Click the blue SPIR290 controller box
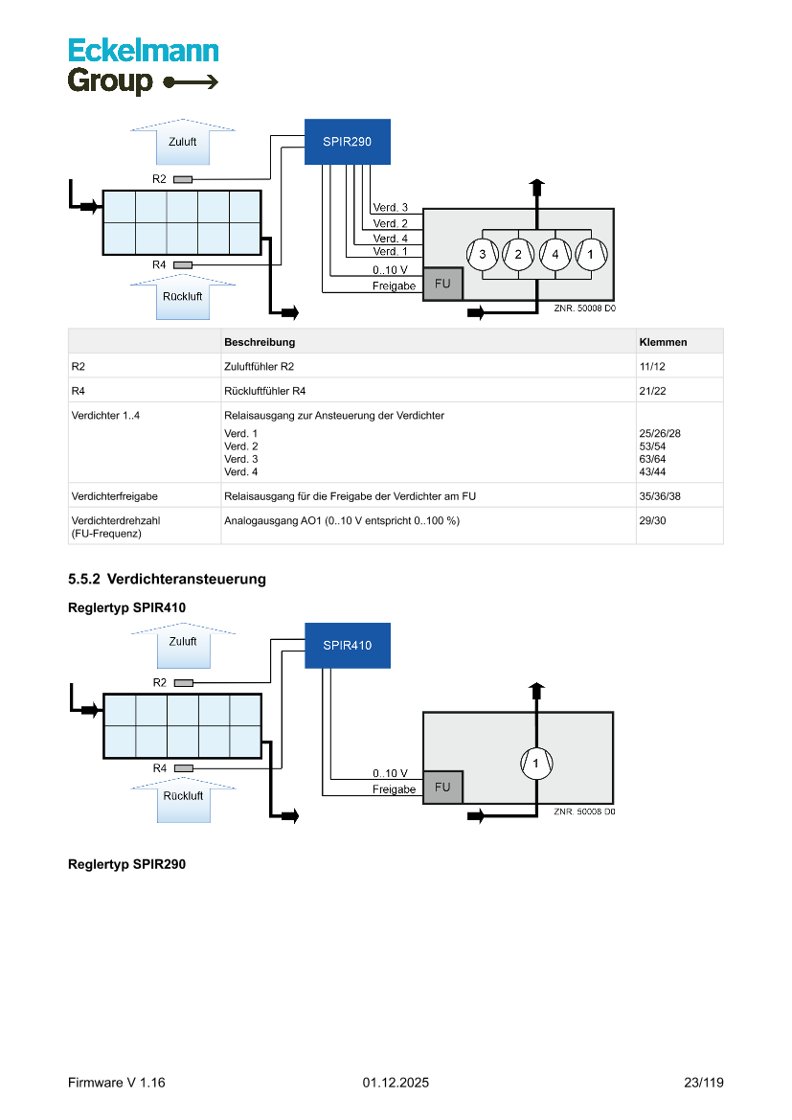(347, 142)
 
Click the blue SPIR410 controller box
(347, 646)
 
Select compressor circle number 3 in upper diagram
(482, 254)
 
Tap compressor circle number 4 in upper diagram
(554, 254)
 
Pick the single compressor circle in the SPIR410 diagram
(536, 764)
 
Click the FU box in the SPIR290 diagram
(442, 284)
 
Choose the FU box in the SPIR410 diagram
(442, 788)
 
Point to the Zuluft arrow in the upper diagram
(182, 142)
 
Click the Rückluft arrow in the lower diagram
(182, 797)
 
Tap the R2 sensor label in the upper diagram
(159, 179)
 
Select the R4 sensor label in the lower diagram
(159, 768)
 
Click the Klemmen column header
(663, 342)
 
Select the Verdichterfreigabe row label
(114, 496)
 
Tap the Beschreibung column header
(259, 342)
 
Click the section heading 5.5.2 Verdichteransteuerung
(167, 580)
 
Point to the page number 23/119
(703, 1083)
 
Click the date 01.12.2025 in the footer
(396, 1083)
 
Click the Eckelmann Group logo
(143, 66)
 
